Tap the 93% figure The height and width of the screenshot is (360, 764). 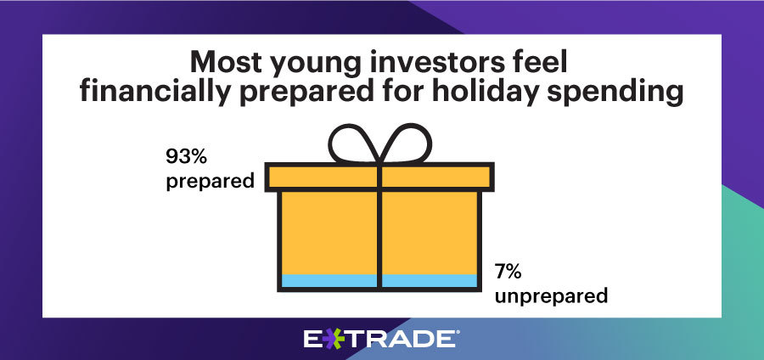187,156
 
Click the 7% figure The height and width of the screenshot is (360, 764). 508,273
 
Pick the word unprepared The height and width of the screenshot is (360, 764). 552,296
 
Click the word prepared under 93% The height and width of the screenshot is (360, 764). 211,182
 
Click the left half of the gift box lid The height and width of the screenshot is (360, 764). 323,177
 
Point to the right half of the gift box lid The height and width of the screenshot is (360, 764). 435,177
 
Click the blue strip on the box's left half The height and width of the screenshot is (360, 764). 329,280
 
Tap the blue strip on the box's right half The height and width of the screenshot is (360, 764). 430,280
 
